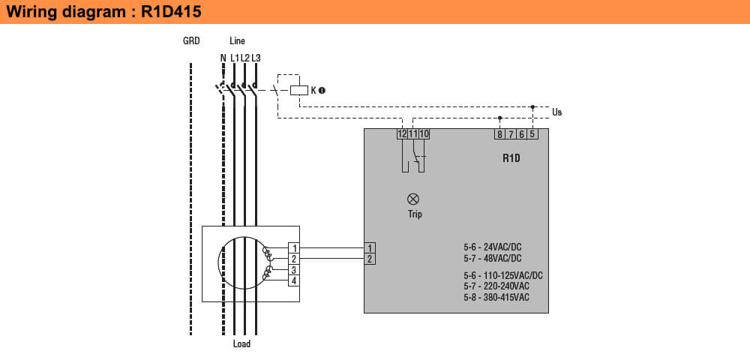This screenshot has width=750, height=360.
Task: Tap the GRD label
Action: tap(191, 41)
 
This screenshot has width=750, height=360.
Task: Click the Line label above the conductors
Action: tap(237, 41)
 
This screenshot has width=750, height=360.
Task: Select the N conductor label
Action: tap(223, 58)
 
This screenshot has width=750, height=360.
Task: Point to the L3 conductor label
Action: tap(256, 58)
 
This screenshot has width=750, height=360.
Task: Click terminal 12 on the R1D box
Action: tap(402, 134)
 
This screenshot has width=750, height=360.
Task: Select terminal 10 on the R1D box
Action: tap(424, 134)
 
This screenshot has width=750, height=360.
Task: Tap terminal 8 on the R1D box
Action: tap(499, 134)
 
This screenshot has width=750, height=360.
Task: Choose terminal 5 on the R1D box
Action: tap(532, 134)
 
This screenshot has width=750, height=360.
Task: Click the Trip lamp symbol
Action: tap(412, 199)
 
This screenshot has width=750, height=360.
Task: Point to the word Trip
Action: tap(415, 214)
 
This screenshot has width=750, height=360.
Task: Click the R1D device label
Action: tap(511, 159)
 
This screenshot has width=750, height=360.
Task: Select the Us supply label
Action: tap(556, 112)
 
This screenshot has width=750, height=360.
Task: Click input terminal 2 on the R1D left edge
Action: tap(369, 259)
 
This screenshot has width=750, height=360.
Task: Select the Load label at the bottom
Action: tap(241, 344)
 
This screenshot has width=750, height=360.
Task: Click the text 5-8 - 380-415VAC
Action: tap(496, 298)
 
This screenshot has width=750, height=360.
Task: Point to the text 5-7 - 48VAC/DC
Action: tap(492, 258)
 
